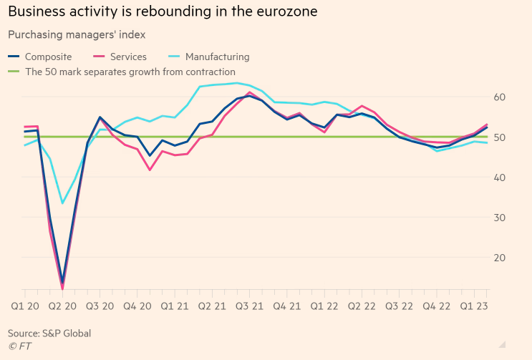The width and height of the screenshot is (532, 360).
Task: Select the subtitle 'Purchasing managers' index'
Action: coord(77,34)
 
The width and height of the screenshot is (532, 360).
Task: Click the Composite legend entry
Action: coord(47,57)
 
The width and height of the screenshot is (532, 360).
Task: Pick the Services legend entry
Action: coord(129,57)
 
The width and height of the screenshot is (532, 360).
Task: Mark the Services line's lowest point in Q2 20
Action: coord(62,289)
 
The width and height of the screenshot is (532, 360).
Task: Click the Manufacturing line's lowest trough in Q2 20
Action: coord(62,203)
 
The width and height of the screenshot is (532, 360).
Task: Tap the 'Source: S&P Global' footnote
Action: coord(49,334)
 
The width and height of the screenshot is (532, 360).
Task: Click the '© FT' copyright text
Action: coord(19,347)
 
